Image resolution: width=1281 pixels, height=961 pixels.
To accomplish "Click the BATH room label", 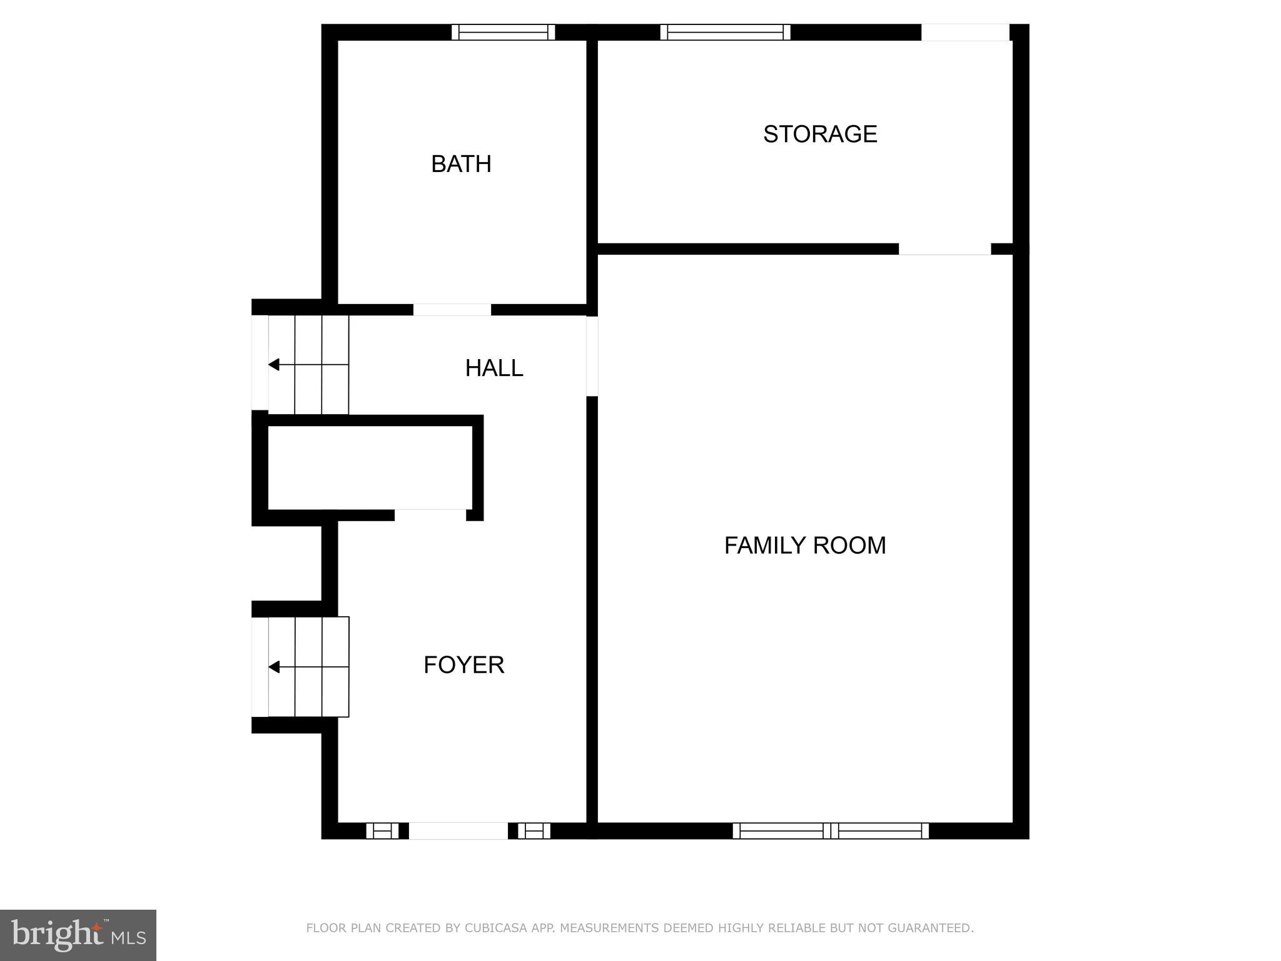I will coord(461,164).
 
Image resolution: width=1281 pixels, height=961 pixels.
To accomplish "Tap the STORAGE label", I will coord(820,134).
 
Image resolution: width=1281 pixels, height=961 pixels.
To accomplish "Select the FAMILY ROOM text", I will coord(805,546).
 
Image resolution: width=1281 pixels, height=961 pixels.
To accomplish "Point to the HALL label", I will coord(494,368).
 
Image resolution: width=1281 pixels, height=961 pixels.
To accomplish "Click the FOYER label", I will coord(463,665).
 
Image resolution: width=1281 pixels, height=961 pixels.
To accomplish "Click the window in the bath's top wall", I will coord(503,32).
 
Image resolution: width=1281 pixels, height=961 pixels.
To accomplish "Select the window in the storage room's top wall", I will coord(725,32).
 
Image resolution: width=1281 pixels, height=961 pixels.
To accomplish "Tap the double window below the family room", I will coord(830,831).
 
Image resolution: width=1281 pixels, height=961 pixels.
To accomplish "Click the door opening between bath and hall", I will coord(452,310).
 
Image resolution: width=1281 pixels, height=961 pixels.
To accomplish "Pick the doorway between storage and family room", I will coord(944,249).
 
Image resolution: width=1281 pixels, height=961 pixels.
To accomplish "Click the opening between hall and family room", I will coord(592,356).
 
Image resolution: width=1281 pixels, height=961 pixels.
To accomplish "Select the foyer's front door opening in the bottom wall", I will coord(458,831).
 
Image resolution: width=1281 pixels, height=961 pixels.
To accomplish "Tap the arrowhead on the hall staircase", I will coord(274,365).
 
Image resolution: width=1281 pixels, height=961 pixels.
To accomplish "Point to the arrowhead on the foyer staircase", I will coord(274,667).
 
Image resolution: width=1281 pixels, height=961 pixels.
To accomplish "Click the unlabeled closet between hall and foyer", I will coord(370,467).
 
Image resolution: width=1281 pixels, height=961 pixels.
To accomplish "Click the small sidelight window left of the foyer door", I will coord(382,831).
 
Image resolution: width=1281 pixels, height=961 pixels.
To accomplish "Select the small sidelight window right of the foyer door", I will coord(534,831).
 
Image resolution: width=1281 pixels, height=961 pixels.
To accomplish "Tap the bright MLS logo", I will coord(78,935).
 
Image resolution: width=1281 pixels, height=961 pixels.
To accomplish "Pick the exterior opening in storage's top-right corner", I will coord(965,32).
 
